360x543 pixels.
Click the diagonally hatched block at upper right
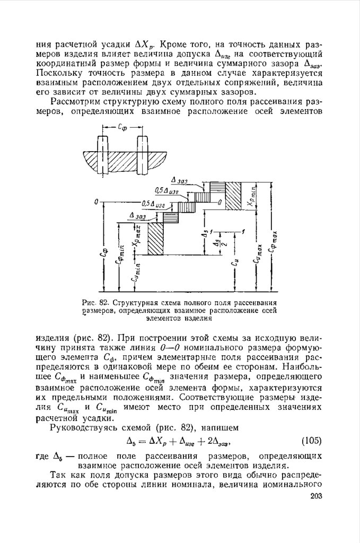[x=233, y=195]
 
